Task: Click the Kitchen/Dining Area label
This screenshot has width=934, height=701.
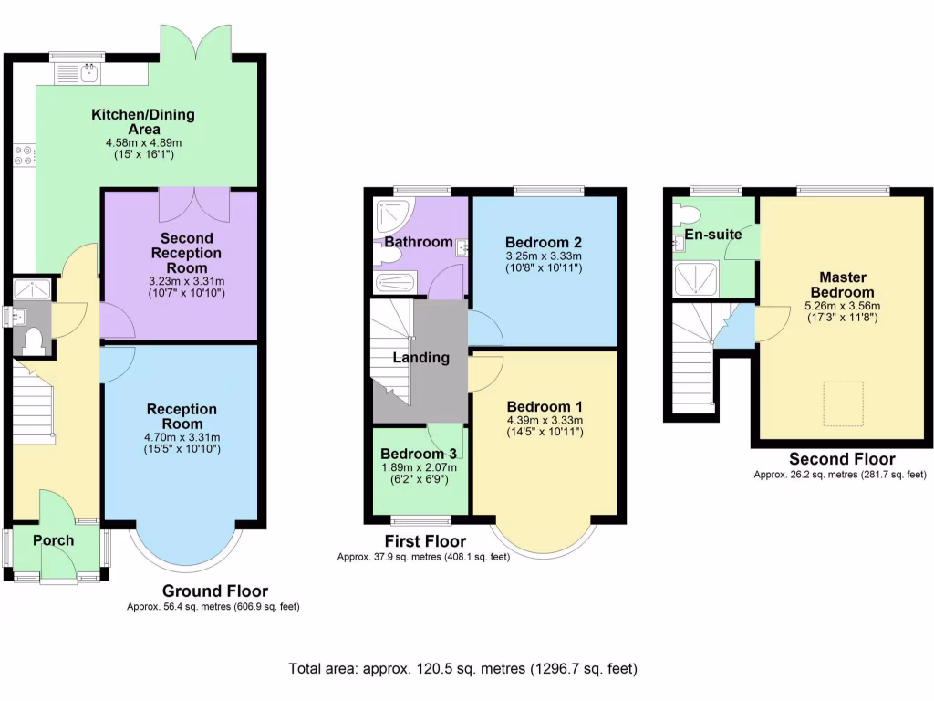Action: [x=142, y=122]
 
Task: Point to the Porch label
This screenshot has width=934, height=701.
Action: [x=53, y=540]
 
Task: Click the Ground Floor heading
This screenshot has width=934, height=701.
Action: [x=215, y=591]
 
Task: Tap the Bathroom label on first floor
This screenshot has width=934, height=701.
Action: [x=419, y=242]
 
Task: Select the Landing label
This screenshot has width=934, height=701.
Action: [x=420, y=358]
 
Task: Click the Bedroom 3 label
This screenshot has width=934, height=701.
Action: [x=419, y=455]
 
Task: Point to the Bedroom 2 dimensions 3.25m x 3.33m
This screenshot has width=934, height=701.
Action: [x=544, y=257]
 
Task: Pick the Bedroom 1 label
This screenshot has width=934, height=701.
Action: [x=545, y=406]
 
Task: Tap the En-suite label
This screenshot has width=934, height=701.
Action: [x=713, y=235]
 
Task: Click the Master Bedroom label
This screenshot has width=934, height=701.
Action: [x=842, y=284]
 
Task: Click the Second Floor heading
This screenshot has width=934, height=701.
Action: [x=841, y=459]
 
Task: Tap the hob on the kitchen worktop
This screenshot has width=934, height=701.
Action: [x=23, y=156]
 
